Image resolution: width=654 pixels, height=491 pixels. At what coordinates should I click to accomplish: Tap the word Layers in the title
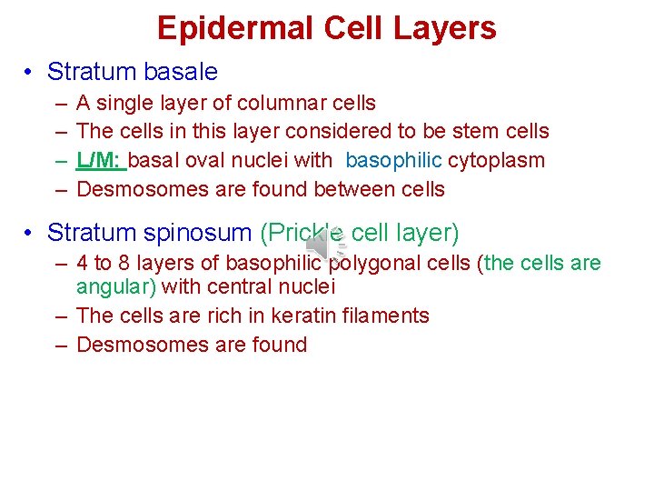click(445, 28)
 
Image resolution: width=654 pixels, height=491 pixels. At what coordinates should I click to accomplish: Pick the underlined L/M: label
click(101, 160)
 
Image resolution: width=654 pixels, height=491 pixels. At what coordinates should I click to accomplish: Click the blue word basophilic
click(393, 160)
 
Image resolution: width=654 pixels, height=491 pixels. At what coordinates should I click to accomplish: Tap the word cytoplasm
click(496, 161)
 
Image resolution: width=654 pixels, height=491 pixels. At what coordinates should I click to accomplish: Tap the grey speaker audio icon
click(322, 245)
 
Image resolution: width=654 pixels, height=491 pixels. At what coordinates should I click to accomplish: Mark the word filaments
click(385, 316)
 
